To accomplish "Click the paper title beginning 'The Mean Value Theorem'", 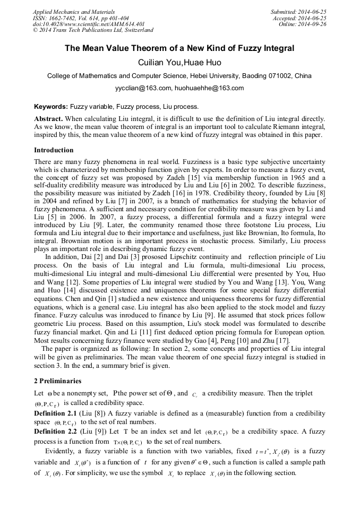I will pyautogui.click(x=179, y=48).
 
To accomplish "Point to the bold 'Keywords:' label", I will pyautogui.click(x=51, y=107).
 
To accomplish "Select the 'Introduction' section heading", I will pyautogui.click(x=54, y=150).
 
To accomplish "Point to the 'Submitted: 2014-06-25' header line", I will pyautogui.click(x=298, y=12).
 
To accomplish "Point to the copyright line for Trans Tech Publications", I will pyautogui.click(x=93, y=31).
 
